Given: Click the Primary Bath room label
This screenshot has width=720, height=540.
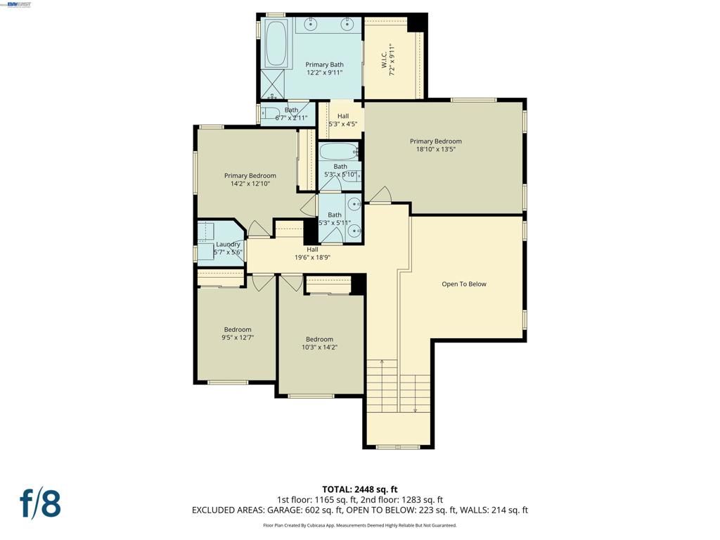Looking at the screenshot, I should pos(324,65).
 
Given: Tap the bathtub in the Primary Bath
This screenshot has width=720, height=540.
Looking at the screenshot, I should pos(276,43).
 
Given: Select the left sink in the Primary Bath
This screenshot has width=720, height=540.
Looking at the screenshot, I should pos(309,25).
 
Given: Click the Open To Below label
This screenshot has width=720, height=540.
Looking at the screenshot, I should pos(463,284).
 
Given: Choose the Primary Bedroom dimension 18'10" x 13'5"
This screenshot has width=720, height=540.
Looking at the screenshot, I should pos(435,149).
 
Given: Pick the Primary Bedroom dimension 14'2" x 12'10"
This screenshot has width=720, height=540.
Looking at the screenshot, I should pos(250,184).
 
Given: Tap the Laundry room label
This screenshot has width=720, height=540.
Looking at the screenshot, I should pos(228,245).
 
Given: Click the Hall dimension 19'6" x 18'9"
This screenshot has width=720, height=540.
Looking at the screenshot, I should pos(312,257).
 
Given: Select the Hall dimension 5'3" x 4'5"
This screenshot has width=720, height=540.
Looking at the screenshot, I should pos(342,124).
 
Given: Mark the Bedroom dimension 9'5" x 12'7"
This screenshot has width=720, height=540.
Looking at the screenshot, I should pos(237,337).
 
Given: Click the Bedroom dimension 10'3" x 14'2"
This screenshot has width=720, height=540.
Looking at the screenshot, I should pos(319,347).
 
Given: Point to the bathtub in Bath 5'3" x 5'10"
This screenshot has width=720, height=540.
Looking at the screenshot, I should pos(338,152).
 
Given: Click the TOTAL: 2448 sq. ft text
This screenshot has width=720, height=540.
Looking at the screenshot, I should pos(359,489).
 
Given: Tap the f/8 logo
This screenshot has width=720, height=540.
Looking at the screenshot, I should pos(40,503).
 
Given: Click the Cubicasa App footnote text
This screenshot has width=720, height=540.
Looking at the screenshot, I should pos(359,525).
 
